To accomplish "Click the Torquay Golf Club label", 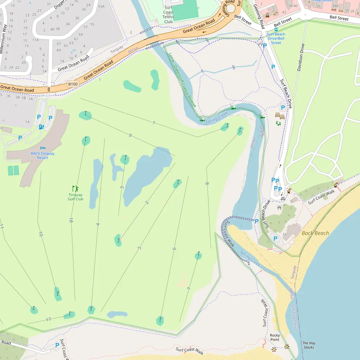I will (76, 197).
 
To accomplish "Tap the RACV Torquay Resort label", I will (43, 156).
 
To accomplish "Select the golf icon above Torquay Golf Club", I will (75, 188).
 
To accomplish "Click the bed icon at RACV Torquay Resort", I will (43, 148).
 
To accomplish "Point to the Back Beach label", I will (315, 233).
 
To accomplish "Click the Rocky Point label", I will (275, 337).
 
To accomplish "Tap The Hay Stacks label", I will (309, 345).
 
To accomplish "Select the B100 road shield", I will (73, 84).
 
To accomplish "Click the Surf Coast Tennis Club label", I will (168, 14).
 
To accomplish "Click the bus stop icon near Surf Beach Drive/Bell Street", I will (276, 30).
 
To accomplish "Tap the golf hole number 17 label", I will (48, 319).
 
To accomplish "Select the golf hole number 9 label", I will (130, 135).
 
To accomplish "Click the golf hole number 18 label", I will (71, 220).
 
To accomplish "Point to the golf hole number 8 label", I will (207, 184).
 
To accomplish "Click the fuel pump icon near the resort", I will (41, 126).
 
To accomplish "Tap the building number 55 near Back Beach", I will (284, 234).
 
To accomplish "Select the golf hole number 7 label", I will (189, 289).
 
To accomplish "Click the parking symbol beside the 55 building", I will (276, 238).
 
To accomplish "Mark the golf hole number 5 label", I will (139, 248).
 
